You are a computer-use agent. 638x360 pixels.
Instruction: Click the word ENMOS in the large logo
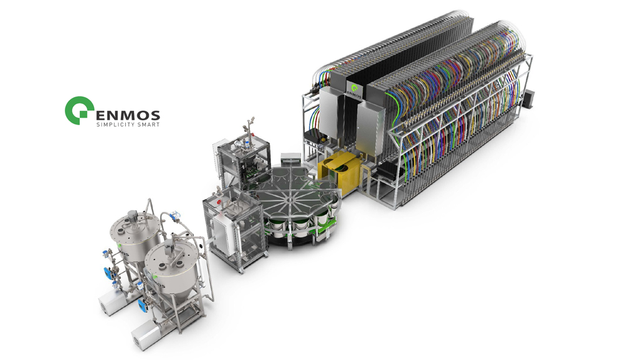pos(127,115)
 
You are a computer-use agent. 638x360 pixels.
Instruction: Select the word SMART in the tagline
pos(148,125)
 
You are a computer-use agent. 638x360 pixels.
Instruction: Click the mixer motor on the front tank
pos(168,247)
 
